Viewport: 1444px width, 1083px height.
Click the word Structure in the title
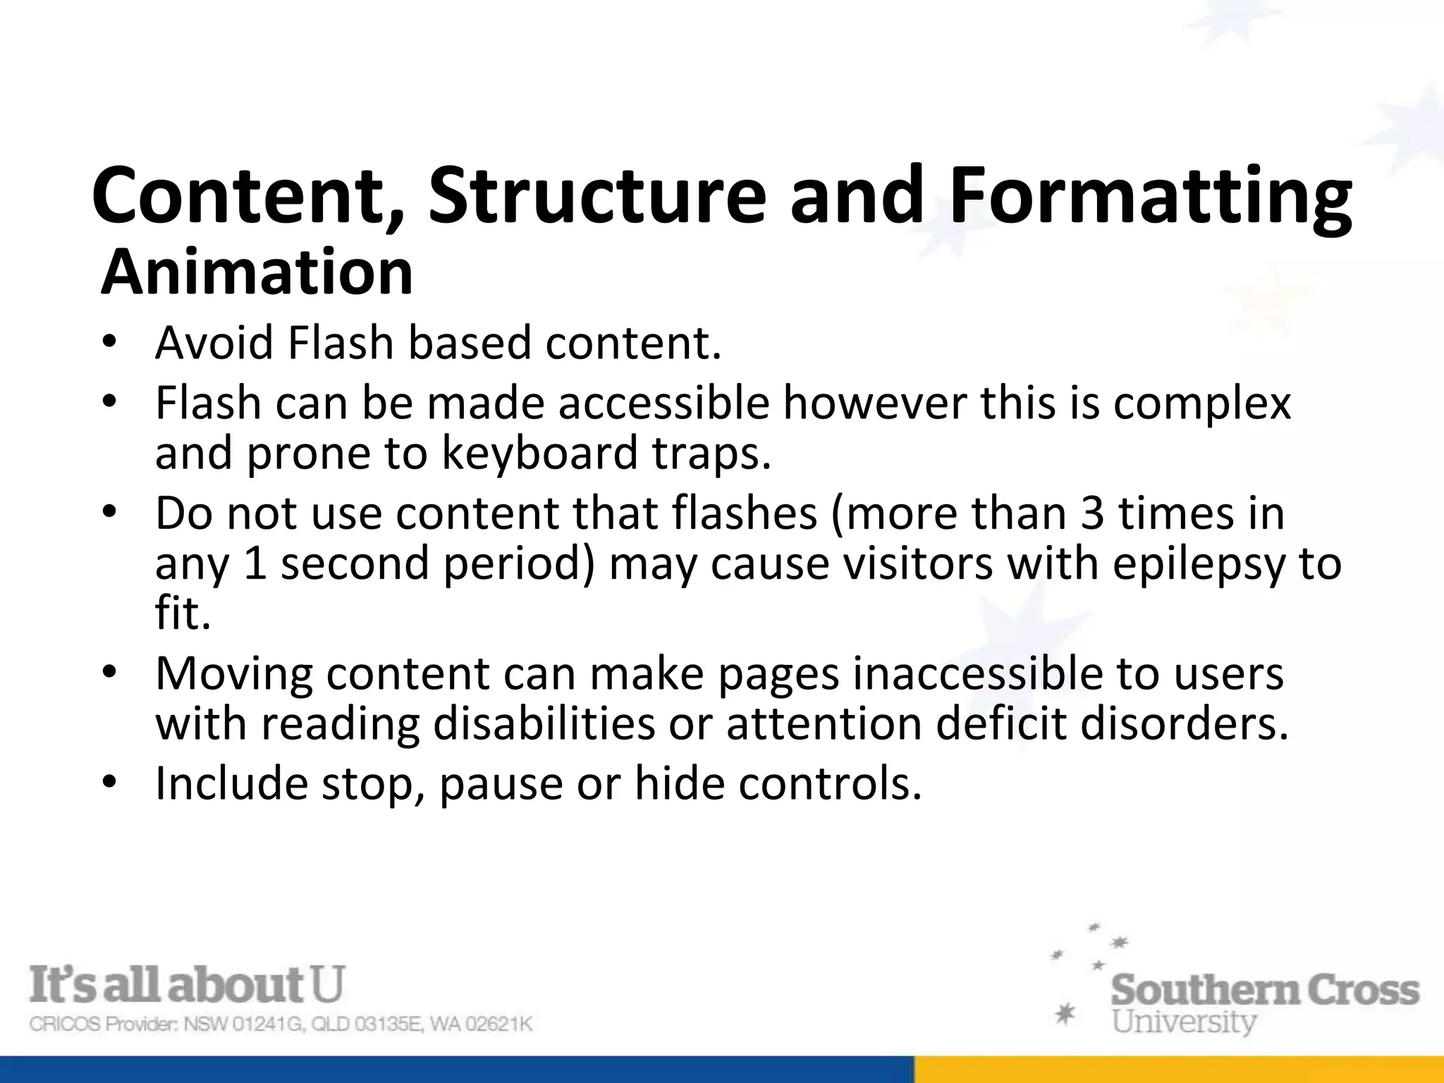coord(596,195)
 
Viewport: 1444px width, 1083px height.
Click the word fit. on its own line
coord(183,612)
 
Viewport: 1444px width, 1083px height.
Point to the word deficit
coord(1001,723)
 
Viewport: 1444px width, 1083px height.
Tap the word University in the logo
coord(1184,1021)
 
